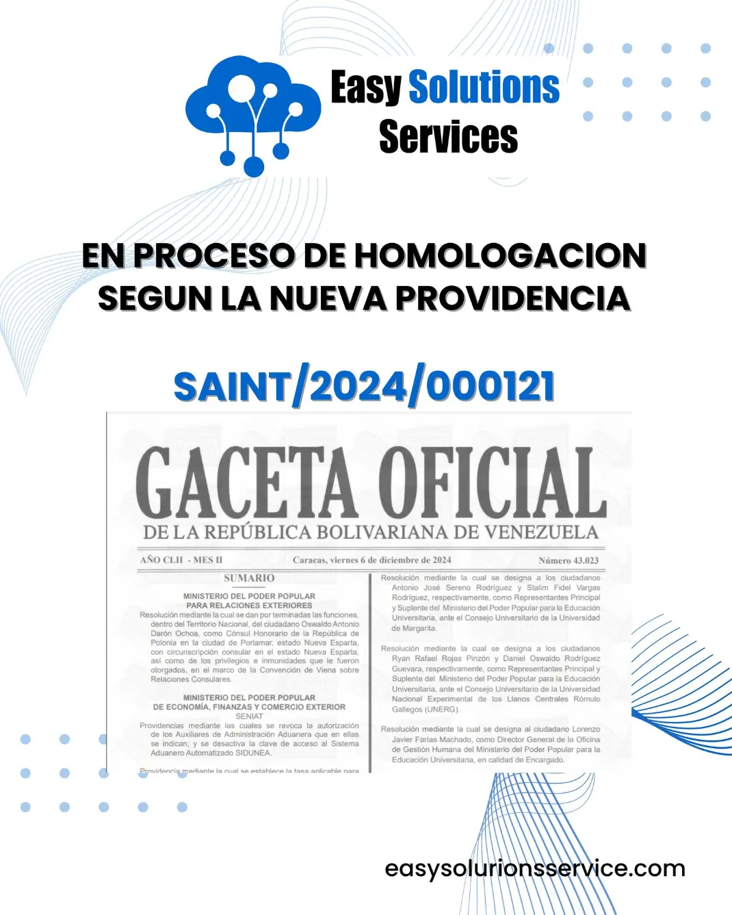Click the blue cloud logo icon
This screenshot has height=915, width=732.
click(x=252, y=109)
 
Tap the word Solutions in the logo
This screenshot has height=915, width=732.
click(x=484, y=87)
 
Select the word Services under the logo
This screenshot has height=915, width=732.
click(x=448, y=136)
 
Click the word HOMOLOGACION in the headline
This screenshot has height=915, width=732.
click(x=499, y=256)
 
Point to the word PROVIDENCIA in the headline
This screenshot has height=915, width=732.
click(x=512, y=298)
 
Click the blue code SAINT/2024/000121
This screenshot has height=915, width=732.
click(x=364, y=387)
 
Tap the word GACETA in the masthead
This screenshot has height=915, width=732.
click(x=244, y=483)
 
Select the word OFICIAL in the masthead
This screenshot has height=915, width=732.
click(x=492, y=483)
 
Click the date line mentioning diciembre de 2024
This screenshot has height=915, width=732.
click(x=371, y=560)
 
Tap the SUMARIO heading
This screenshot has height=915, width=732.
click(x=249, y=578)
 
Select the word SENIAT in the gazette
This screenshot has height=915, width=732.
click(x=249, y=716)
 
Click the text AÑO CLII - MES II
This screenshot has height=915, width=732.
click(x=181, y=560)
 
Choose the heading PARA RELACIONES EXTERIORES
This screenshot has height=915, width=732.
click(x=249, y=606)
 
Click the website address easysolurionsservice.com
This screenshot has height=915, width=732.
click(x=534, y=868)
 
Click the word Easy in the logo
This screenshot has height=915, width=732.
click(x=366, y=88)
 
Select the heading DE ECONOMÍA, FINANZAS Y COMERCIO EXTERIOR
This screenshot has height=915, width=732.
click(x=249, y=707)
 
